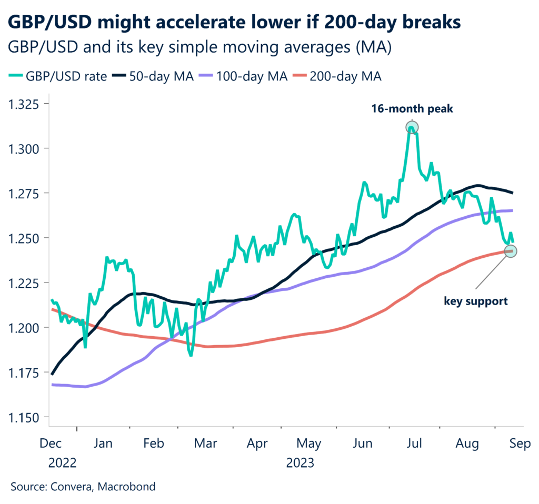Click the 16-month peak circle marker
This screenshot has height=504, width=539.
point(412,127)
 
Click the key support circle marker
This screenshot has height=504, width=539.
point(510,251)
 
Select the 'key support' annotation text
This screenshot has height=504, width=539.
point(476,301)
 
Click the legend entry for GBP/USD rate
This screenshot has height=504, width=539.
point(58,76)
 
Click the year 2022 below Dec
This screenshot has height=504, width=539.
point(63,463)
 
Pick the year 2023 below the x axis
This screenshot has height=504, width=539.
point(300,463)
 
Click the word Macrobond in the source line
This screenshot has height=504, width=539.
point(129,487)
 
